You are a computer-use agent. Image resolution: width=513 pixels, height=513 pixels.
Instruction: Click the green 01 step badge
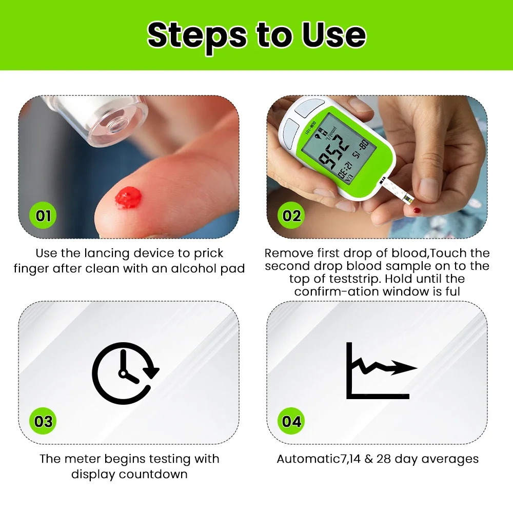pyautogui.click(x=43, y=215)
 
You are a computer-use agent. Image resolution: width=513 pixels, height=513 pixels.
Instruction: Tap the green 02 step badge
pyautogui.click(x=291, y=215)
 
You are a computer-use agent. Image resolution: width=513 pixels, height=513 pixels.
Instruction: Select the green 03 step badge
pyautogui.click(x=43, y=421)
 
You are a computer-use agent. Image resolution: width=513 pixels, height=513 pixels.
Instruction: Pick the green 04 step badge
pyautogui.click(x=291, y=421)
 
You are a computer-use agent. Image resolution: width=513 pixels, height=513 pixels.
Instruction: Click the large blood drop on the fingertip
pyautogui.click(x=128, y=198)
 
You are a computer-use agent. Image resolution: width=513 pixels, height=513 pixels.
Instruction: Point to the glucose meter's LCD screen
pyautogui.click(x=338, y=149)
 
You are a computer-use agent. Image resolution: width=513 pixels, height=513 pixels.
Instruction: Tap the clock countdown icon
pyautogui.click(x=125, y=373)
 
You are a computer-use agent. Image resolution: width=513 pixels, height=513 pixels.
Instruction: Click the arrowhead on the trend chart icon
pyautogui.click(x=404, y=368)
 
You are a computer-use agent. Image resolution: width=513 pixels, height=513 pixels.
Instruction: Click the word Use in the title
pyautogui.click(x=333, y=35)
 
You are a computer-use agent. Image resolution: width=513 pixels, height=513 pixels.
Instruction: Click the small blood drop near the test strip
pyautogui.click(x=417, y=210)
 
